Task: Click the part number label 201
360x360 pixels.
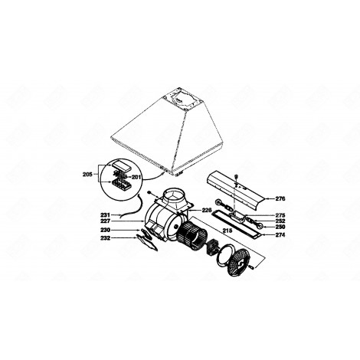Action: click(x=137, y=178)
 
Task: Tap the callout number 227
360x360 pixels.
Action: click(x=106, y=221)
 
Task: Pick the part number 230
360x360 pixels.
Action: click(x=106, y=231)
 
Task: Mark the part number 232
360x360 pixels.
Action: click(x=106, y=239)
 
